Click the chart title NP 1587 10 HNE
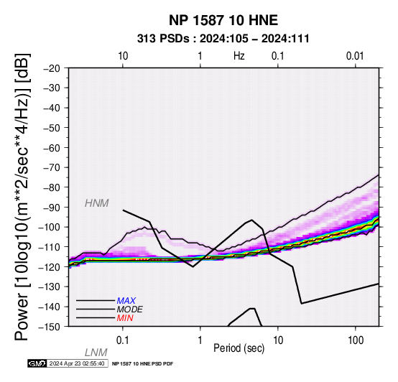223,20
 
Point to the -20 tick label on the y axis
52,68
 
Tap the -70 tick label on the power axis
52,168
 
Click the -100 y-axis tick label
50,227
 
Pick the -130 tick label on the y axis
50,286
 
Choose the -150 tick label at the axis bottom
50,327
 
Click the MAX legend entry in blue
126,301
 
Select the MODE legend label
130,309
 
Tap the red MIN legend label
125,318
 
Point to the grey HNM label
97,203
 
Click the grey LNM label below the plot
96,353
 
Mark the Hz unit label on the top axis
239,56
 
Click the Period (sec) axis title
239,348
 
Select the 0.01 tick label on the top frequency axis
355,56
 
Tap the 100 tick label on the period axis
356,340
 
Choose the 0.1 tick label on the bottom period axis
123,340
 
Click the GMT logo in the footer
37,363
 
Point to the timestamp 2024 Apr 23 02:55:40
77,363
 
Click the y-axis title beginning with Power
22,197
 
